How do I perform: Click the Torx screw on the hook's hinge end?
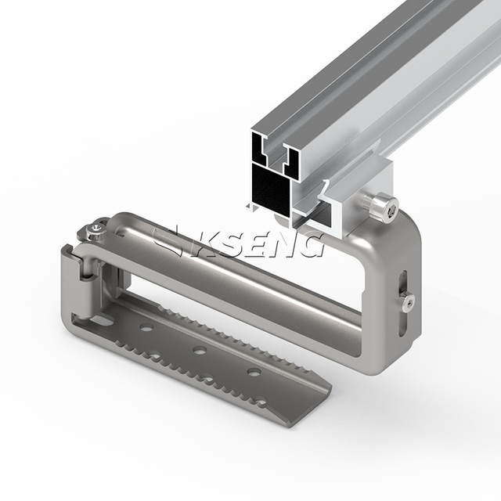(x=95, y=232)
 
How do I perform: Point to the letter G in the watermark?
(x=308, y=245)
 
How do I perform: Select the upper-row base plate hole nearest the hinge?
(x=146, y=327)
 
